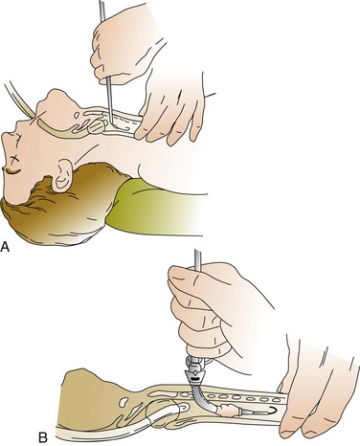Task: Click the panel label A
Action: [5, 247]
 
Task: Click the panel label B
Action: [43, 437]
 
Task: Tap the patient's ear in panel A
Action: [62, 175]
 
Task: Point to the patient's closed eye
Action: [11, 170]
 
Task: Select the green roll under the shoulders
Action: [153, 207]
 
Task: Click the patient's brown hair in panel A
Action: [64, 208]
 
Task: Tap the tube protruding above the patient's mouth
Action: [18, 100]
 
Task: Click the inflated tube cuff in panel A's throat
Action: [96, 126]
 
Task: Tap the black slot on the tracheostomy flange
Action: [193, 379]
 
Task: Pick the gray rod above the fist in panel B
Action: [197, 260]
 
